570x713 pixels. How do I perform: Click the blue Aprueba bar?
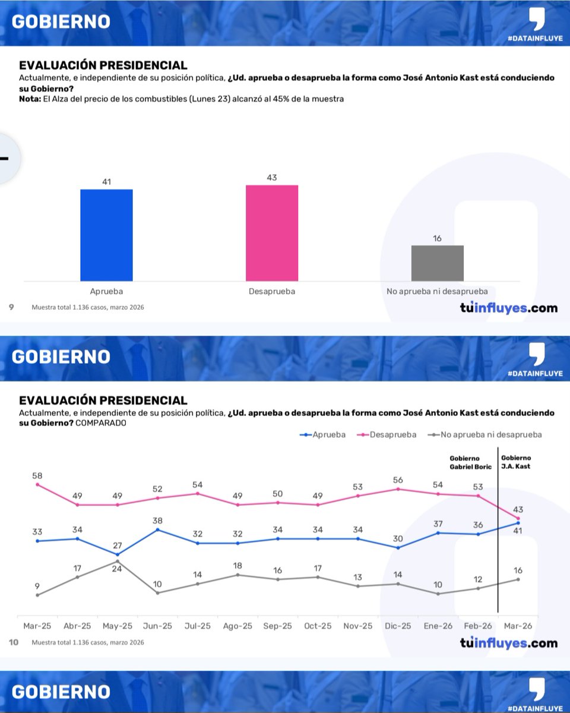coord(106,235)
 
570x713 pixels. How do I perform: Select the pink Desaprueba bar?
coord(272,233)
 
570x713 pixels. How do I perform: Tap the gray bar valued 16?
coord(437,263)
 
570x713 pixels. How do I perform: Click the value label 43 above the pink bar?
coord(272,178)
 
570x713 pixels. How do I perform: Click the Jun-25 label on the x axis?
coord(157,626)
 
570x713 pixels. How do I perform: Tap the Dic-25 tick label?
coord(398,626)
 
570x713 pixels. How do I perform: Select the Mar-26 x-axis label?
coord(518,626)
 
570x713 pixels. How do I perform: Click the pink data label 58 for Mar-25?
coord(37,475)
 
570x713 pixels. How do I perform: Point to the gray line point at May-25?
coord(118,561)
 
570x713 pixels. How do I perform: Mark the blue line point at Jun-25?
coord(157,529)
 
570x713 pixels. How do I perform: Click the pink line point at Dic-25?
coord(398,489)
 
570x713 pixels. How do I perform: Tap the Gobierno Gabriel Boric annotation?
coord(471,462)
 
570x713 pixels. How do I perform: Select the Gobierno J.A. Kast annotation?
coord(516,462)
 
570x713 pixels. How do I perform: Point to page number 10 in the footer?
coord(13,642)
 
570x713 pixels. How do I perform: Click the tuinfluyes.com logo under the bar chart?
coord(509,308)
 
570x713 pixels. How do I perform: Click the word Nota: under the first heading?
coord(29,99)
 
